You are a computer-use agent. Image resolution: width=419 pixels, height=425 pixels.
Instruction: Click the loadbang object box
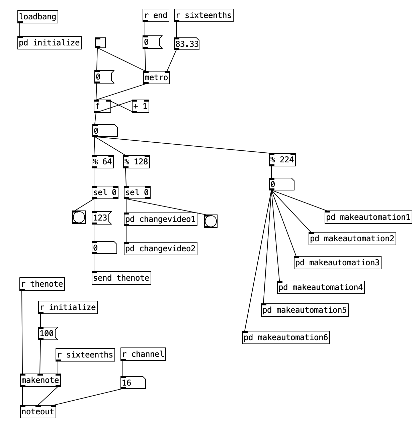pyautogui.click(x=38, y=17)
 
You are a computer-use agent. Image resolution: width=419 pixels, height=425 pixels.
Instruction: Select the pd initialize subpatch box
pyautogui.click(x=50, y=43)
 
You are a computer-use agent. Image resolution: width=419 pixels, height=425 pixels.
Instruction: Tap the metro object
pyautogui.click(x=156, y=78)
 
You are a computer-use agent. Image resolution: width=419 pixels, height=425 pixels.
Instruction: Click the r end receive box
pyautogui.click(x=156, y=15)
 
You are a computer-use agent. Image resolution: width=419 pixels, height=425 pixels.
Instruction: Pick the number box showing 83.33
pyautogui.click(x=187, y=44)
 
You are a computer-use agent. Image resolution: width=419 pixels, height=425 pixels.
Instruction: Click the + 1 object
pyautogui.click(x=141, y=106)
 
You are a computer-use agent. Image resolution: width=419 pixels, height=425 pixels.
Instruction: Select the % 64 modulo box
pyautogui.click(x=103, y=162)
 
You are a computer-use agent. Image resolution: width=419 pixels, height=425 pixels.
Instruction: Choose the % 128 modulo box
pyautogui.click(x=137, y=162)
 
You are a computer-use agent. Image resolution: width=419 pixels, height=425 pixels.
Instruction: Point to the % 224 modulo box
pyautogui.click(x=282, y=160)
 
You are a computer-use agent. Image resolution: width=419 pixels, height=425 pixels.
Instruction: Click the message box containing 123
pyautogui.click(x=101, y=218)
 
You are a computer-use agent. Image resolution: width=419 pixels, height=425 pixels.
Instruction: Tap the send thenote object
pyautogui.click(x=121, y=278)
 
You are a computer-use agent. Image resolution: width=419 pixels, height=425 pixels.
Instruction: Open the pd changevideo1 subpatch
pyautogui.click(x=161, y=219)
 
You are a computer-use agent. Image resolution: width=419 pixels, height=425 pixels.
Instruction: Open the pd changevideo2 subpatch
pyautogui.click(x=161, y=249)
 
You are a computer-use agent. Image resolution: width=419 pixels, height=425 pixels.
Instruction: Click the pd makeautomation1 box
pyautogui.click(x=368, y=217)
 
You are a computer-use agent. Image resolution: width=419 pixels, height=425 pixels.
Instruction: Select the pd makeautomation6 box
pyautogui.click(x=286, y=337)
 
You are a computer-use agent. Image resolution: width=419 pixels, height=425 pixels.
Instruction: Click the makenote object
pyautogui.click(x=40, y=380)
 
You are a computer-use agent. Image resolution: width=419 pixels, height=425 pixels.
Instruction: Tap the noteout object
pyautogui.click(x=38, y=412)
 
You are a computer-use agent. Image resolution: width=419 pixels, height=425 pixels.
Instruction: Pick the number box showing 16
pyautogui.click(x=133, y=383)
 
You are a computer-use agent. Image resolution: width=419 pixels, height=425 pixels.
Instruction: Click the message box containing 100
pyautogui.click(x=48, y=333)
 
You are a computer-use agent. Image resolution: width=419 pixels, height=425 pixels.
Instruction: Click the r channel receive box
pyautogui.click(x=143, y=354)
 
